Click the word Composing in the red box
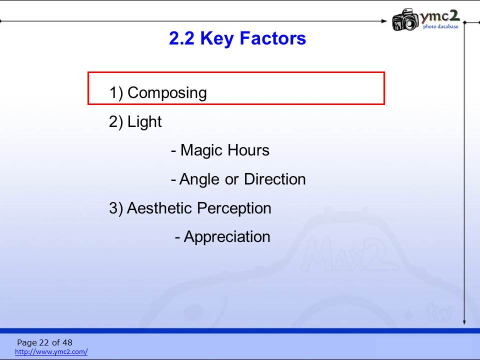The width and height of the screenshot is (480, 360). click(x=167, y=93)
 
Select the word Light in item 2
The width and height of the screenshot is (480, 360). click(x=144, y=121)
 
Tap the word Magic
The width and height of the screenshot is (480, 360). click(x=201, y=150)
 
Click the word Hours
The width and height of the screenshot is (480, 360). click(x=248, y=150)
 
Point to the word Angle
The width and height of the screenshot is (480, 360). click(x=199, y=179)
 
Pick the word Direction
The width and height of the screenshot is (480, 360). click(x=275, y=179)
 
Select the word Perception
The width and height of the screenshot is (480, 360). click(x=234, y=208)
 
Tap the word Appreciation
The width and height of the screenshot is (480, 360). click(x=227, y=237)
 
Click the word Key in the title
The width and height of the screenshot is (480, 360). click(x=216, y=39)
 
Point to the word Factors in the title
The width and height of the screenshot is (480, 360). click(x=273, y=38)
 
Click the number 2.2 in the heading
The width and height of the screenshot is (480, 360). click(x=181, y=38)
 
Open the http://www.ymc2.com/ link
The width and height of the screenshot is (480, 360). click(x=51, y=351)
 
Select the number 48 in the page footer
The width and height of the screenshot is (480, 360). click(x=67, y=342)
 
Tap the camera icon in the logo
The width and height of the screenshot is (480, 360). click(x=405, y=19)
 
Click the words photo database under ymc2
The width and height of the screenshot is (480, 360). click(x=441, y=26)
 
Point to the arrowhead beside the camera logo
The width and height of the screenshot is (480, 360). click(x=384, y=21)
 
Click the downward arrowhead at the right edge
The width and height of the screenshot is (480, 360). click(x=464, y=322)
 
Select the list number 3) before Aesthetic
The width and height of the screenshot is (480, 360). click(x=116, y=208)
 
